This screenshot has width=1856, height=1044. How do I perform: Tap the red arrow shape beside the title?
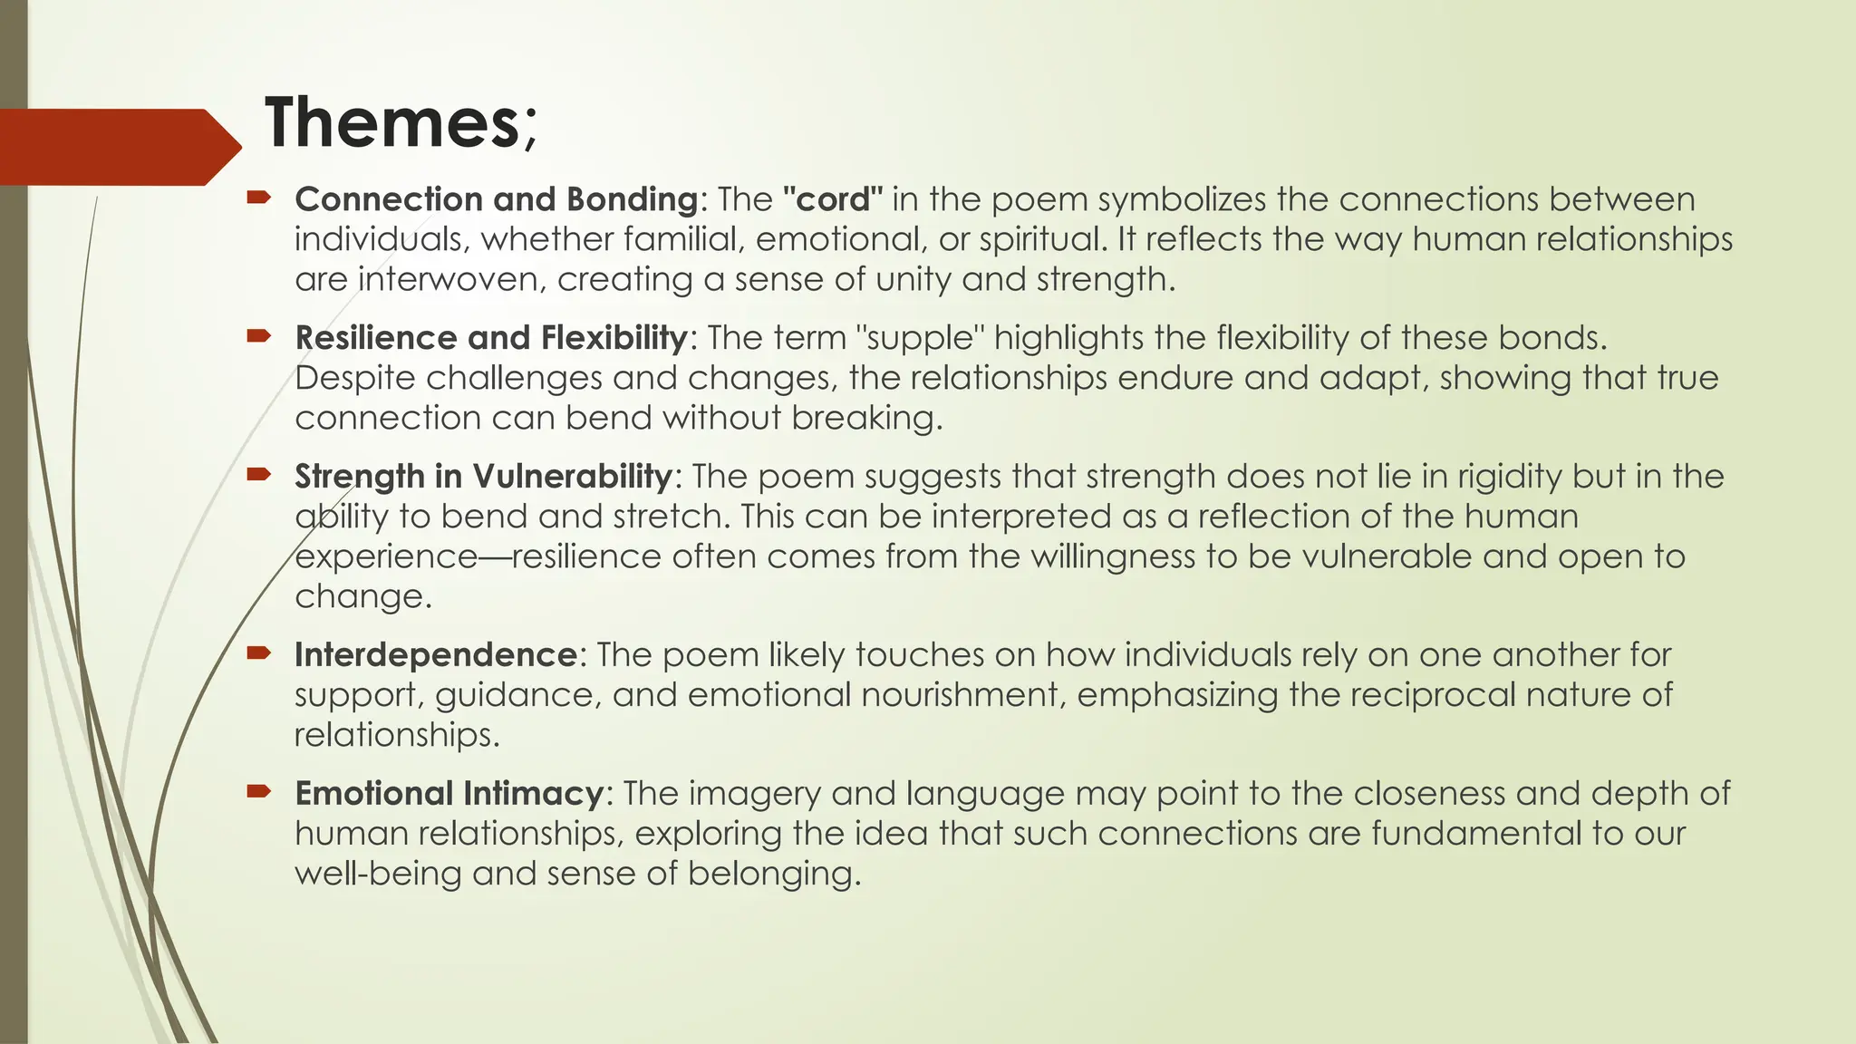click(x=118, y=147)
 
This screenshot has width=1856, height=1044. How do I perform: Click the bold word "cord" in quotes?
click(x=832, y=198)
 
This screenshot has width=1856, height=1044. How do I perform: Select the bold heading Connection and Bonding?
click(x=496, y=198)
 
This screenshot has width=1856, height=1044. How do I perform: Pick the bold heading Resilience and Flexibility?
click(x=491, y=337)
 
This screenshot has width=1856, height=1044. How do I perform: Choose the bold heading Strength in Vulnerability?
click(x=483, y=476)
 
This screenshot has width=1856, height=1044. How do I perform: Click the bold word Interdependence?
click(x=436, y=654)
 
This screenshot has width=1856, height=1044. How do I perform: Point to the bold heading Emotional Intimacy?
click(x=449, y=793)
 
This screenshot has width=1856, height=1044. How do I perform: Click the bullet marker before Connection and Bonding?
click(x=258, y=197)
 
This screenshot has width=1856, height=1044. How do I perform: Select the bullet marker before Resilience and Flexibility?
click(x=258, y=335)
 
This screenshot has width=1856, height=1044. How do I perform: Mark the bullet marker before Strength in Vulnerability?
click(x=258, y=474)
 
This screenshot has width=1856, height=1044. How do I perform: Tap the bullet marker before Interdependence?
click(x=258, y=652)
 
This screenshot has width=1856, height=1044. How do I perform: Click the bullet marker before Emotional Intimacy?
click(x=258, y=791)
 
